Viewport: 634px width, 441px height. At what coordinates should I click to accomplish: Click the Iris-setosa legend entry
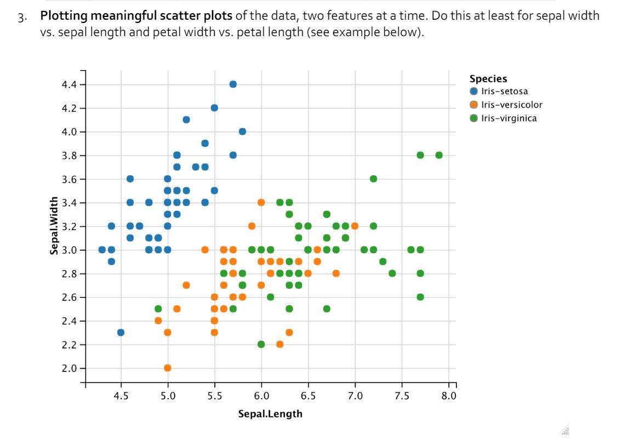[504, 91]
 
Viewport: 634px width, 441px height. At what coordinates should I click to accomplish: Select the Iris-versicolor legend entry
[511, 105]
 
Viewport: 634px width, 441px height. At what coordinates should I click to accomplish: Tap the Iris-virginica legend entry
[509, 118]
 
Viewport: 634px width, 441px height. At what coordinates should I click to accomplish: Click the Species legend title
[488, 79]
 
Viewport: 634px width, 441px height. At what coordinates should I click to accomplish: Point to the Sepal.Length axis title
[270, 414]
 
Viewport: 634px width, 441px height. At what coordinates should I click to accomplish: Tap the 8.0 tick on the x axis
[449, 396]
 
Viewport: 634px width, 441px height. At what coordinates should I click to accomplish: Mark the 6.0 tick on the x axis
[261, 396]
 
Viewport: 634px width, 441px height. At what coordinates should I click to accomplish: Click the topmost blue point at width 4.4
[233, 84]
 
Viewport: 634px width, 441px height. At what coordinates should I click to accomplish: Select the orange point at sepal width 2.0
[168, 368]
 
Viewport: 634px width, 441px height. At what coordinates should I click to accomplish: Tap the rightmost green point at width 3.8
[439, 155]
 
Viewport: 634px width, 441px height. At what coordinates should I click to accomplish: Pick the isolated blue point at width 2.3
[121, 333]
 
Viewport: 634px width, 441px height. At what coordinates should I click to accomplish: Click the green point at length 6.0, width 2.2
[261, 344]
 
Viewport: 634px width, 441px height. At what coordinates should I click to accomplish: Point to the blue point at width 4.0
[242, 131]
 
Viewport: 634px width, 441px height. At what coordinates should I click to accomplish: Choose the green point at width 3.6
[373, 179]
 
